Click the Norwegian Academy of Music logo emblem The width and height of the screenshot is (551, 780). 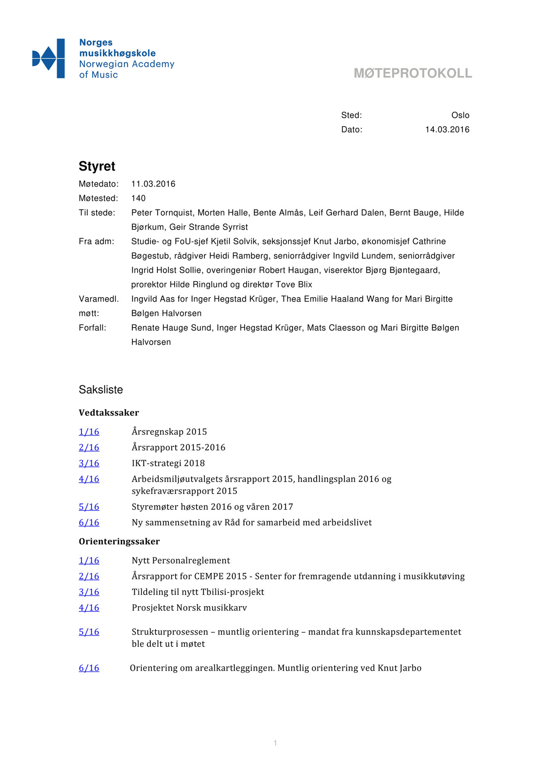point(48,58)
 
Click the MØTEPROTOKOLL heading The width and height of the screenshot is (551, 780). point(413,73)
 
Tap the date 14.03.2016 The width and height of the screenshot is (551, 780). point(447,130)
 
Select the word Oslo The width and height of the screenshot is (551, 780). point(460,115)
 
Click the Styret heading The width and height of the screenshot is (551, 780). point(97,166)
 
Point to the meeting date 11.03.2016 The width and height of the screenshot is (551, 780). point(153,184)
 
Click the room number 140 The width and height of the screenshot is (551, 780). point(138,198)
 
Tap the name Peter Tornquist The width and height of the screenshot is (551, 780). point(162,213)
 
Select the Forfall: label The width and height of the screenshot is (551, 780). point(92,328)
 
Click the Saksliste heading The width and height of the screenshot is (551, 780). point(101,389)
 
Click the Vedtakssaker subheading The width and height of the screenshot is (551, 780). point(109,413)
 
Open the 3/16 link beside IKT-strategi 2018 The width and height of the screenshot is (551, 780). point(89,463)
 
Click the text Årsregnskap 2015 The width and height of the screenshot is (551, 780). point(169,432)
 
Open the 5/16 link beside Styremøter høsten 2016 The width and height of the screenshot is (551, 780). point(89,507)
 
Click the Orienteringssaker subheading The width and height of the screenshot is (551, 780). point(119,541)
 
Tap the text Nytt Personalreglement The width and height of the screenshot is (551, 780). point(181,561)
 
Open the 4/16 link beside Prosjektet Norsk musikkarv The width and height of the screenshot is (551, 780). point(89,608)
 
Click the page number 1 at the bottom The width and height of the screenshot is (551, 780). point(275,743)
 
